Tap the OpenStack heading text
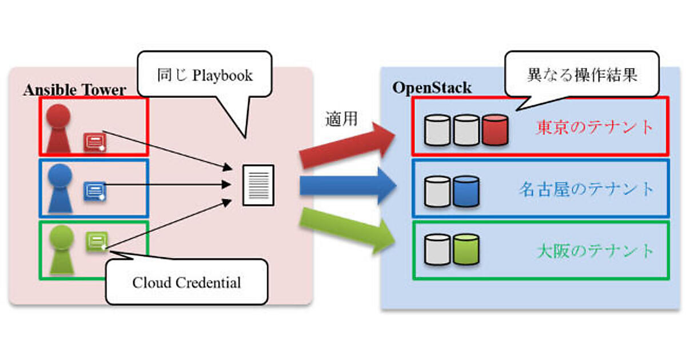[x=432, y=88]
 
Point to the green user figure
[x=61, y=249]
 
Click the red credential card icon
[x=95, y=141]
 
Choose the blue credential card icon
[x=95, y=191]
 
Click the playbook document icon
[x=258, y=185]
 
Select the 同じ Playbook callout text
[x=205, y=75]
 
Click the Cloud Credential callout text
[x=186, y=282]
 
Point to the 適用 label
[x=341, y=119]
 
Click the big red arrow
[x=349, y=146]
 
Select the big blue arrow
[x=348, y=186]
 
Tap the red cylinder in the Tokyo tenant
[x=494, y=130]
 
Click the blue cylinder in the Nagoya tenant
[x=465, y=191]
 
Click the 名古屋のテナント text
[x=586, y=189]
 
